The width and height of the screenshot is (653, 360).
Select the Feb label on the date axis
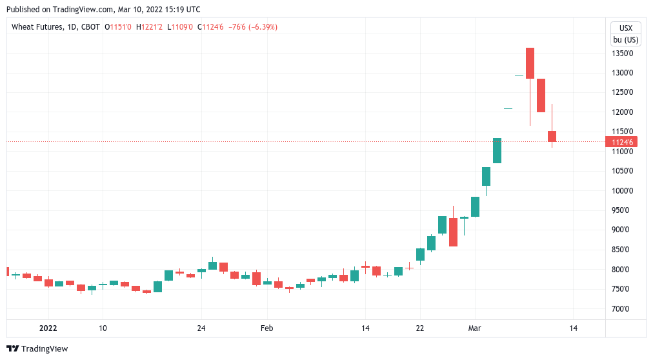(x=267, y=328)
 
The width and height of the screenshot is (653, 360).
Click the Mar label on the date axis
(x=475, y=328)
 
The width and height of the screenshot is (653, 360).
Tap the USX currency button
(x=625, y=28)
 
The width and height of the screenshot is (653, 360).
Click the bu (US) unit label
(x=625, y=39)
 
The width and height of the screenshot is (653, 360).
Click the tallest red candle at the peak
(x=530, y=63)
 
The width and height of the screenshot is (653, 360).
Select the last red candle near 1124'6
(x=552, y=136)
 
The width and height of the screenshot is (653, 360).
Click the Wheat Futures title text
(x=37, y=27)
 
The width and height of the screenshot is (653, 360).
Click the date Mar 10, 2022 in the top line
(x=134, y=10)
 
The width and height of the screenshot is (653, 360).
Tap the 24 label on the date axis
(x=201, y=328)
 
